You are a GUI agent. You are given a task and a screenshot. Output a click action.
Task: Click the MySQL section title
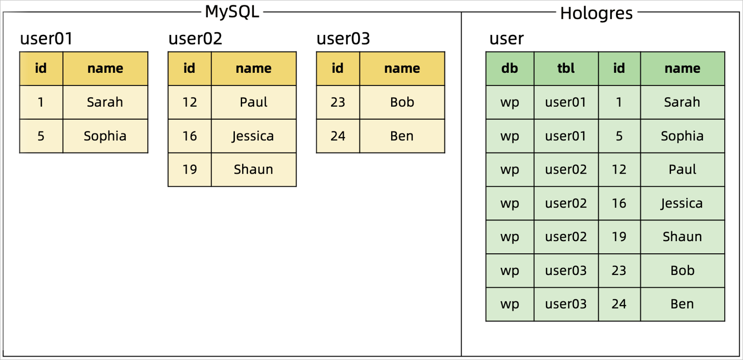(232, 12)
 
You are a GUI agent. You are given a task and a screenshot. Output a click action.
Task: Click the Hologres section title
(596, 13)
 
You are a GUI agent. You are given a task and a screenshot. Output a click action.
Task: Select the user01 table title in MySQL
(46, 39)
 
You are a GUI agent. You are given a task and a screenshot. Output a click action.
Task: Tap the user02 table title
(195, 39)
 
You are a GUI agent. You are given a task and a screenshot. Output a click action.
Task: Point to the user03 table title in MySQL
(343, 39)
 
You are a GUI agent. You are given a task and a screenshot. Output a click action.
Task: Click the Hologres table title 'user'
(506, 39)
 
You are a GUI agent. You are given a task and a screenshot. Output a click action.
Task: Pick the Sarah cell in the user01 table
(105, 102)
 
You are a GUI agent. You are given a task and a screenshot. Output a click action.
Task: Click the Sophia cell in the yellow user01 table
(105, 136)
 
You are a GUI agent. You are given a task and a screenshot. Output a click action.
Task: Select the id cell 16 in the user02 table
(189, 136)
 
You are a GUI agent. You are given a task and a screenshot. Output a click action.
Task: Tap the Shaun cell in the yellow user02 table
(253, 169)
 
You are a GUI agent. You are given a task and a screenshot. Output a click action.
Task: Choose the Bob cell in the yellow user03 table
(402, 102)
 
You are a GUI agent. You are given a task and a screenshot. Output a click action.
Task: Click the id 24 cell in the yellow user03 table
(338, 136)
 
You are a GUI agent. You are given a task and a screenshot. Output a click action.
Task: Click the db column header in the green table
(510, 68)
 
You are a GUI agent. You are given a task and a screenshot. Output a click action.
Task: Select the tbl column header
(566, 68)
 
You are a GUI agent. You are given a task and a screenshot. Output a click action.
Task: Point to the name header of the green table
(682, 68)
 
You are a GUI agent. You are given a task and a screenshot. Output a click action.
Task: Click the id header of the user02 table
(189, 68)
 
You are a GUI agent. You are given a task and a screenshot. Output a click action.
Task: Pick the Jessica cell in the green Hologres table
(682, 203)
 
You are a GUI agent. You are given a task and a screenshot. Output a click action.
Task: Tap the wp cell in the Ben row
(510, 304)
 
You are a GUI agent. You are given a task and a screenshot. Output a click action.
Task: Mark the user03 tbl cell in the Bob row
(566, 270)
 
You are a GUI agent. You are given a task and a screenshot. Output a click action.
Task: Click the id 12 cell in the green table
(619, 169)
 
